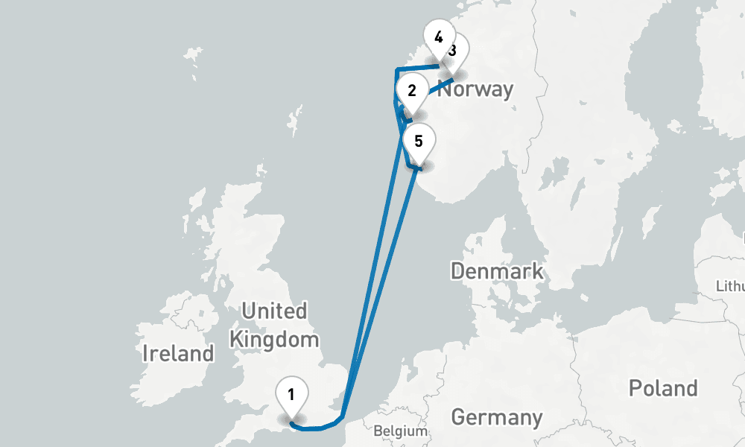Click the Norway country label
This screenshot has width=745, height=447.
point(475,89)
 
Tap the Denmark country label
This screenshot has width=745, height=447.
point(497,270)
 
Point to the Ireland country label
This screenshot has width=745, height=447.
point(178,353)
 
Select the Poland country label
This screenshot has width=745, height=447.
point(663,388)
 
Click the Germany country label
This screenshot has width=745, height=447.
point(496,416)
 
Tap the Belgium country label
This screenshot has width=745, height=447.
point(401,431)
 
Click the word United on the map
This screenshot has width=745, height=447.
point(274,311)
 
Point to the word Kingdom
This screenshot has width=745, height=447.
point(274,340)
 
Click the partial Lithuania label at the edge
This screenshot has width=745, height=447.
point(730,286)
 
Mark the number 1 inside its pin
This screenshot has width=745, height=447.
point(292,393)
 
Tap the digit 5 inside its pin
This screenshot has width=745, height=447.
point(419,139)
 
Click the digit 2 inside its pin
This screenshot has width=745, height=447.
point(412,91)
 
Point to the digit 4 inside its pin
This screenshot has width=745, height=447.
point(439,36)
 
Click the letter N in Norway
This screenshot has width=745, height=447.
point(444,89)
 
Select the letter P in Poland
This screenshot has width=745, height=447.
point(634,388)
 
